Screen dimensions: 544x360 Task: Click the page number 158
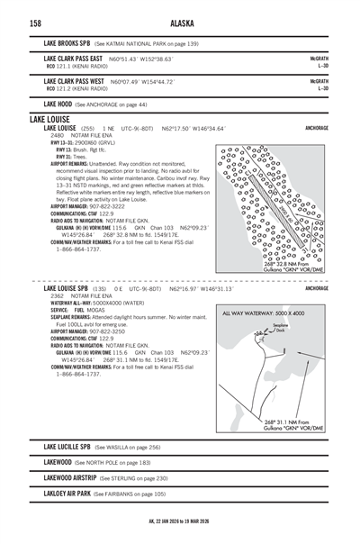[35, 23]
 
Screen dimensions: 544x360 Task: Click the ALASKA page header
[180, 23]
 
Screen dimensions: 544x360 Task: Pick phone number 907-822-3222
[107, 205]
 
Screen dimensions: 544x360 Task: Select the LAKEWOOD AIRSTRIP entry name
[69, 478]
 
